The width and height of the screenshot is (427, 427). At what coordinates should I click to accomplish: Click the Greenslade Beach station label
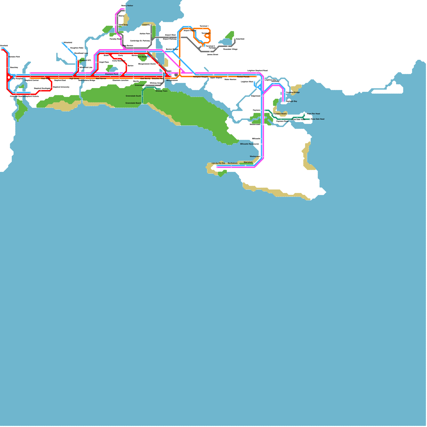(x=133, y=103)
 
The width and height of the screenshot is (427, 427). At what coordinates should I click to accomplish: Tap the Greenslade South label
(x=133, y=96)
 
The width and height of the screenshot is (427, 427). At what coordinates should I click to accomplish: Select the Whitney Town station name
(x=161, y=91)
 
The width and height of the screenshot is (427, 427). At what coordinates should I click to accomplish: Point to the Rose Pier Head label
(x=313, y=114)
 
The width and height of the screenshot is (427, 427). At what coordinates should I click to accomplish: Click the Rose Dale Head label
(x=318, y=119)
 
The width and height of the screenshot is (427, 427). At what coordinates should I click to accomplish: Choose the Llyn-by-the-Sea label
(x=218, y=163)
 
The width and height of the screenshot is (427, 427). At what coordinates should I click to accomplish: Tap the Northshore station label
(x=232, y=163)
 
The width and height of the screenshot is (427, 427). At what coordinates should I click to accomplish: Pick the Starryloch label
(x=248, y=162)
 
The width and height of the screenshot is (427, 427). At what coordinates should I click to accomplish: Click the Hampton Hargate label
(x=200, y=77)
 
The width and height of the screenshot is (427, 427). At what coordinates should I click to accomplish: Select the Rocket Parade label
(x=243, y=77)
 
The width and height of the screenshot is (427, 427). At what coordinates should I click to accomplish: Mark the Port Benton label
(x=143, y=57)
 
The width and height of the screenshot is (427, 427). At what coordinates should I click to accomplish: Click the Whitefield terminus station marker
(x=62, y=43)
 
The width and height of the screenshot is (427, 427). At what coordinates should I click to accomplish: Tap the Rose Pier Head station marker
(x=304, y=114)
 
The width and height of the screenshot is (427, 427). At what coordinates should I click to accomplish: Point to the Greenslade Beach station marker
(x=142, y=103)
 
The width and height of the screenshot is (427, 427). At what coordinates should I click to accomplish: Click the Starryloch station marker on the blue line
(x=246, y=165)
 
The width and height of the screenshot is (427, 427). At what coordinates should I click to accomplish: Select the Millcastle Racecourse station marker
(x=262, y=144)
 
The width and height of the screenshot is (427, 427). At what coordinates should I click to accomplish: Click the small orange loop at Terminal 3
(x=207, y=35)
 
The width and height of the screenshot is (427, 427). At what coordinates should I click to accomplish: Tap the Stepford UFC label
(x=85, y=60)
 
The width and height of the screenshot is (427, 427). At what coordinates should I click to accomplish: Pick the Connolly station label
(x=146, y=25)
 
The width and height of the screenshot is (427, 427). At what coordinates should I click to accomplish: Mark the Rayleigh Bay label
(x=291, y=101)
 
